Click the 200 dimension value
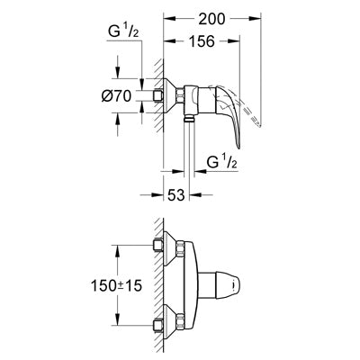pyautogui.click(x=212, y=19)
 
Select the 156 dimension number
pyautogui.click(x=202, y=41)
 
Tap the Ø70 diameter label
pyautogui.click(x=116, y=96)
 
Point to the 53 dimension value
pyautogui.click(x=175, y=195)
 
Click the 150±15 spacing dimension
pyautogui.click(x=116, y=285)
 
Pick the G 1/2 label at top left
pyautogui.click(x=123, y=31)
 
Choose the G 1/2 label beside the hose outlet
pyautogui.click(x=222, y=163)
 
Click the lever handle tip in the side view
pyautogui.click(x=238, y=147)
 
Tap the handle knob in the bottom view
pyautogui.click(x=220, y=286)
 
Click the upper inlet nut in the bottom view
pyautogui.click(x=157, y=245)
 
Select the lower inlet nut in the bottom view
pyautogui.click(x=157, y=326)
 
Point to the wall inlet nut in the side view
pyautogui.click(x=157, y=96)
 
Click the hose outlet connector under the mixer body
pyautogui.click(x=189, y=118)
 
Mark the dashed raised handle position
pyautogui.click(x=240, y=108)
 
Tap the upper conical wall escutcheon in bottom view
pyautogui.click(x=170, y=248)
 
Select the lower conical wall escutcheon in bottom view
pyautogui.click(x=170, y=322)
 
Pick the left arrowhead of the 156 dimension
pyautogui.click(x=168, y=41)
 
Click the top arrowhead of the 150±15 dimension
pyautogui.click(x=117, y=250)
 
